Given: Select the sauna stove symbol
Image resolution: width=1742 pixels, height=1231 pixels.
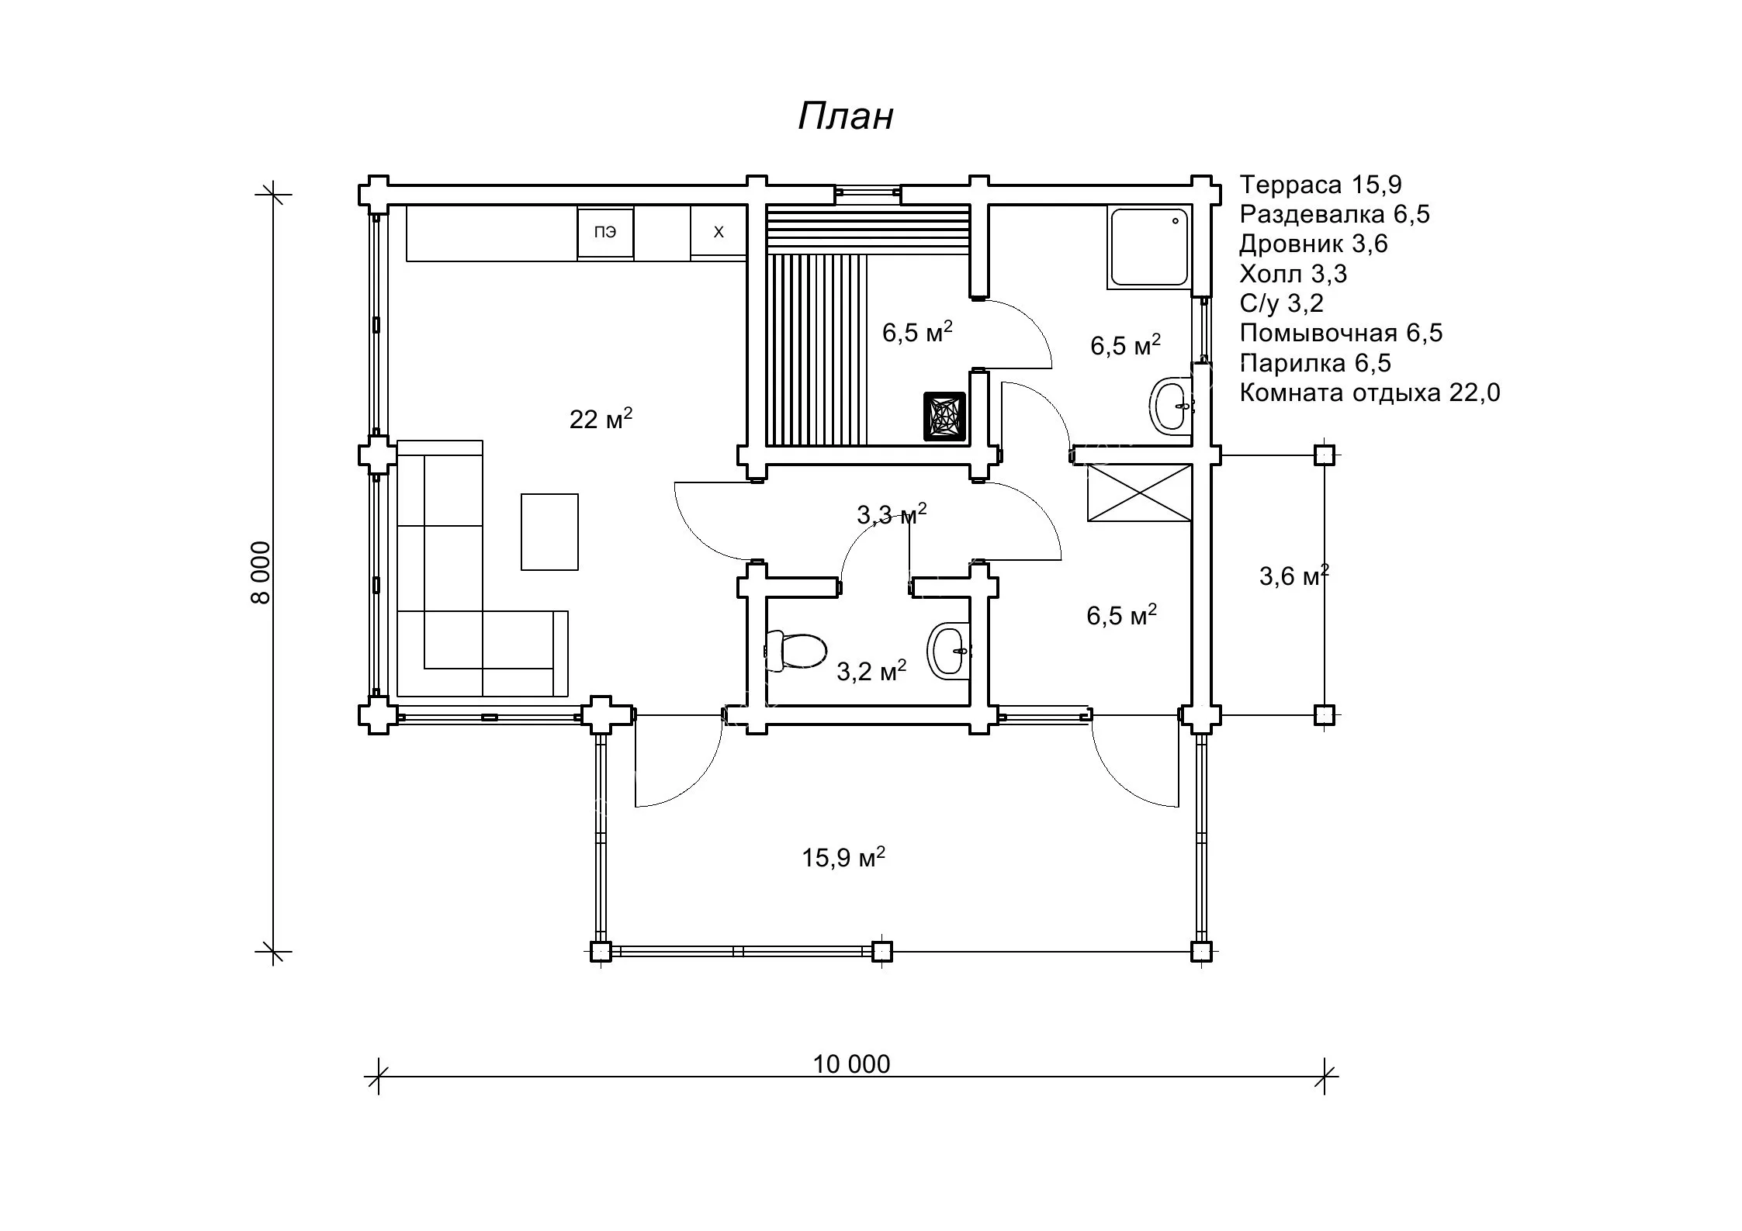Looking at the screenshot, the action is coord(944,417).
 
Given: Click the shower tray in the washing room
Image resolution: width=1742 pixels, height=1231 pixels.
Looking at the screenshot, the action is coord(1150,247).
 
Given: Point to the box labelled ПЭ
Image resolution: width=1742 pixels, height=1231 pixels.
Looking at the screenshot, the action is coord(605,232).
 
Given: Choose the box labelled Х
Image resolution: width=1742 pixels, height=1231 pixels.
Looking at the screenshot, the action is coord(719,232).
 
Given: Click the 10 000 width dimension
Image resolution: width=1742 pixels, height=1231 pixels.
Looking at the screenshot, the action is coord(851,1064).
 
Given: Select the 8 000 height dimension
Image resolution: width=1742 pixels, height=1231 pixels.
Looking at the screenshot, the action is coord(261,572).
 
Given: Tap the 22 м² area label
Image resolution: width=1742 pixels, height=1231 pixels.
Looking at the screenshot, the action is coord(601,418).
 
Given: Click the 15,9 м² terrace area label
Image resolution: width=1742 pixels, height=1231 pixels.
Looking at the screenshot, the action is coord(843,857).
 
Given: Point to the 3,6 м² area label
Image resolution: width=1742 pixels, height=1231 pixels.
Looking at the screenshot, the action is coord(1294,575).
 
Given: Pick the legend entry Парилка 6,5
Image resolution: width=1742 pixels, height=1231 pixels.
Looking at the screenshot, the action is coord(1315,363).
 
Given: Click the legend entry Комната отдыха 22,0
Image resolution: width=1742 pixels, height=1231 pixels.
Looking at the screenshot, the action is coord(1370,392).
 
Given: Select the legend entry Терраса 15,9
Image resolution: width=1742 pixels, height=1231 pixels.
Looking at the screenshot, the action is coord(1321,185).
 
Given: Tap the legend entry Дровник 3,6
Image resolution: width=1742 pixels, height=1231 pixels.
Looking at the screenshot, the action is coord(1313,244).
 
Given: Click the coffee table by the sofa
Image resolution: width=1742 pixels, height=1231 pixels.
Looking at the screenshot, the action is coord(549,532).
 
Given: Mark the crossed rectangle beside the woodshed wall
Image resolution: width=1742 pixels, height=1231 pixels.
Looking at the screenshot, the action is coord(1139,493).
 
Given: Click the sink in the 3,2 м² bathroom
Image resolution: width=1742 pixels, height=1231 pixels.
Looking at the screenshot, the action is coord(948,651).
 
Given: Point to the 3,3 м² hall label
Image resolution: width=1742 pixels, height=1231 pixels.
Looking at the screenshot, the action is coord(892,513).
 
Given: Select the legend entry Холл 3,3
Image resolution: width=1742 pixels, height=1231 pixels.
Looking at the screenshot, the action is coord(1294,274).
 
